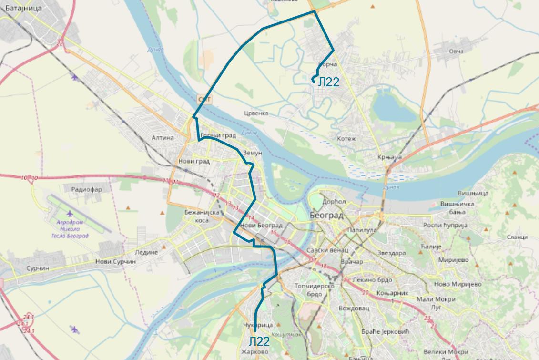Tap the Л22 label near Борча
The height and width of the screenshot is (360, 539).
(x=328, y=82)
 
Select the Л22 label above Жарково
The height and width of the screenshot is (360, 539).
(x=259, y=341)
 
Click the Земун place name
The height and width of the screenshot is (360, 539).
(x=253, y=153)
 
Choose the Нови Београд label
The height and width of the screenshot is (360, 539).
(x=262, y=225)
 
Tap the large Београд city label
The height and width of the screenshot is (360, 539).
(x=326, y=216)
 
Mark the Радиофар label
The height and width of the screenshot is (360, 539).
(x=86, y=189)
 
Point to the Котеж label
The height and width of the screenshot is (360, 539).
(x=346, y=139)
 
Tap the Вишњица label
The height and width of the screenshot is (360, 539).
(x=473, y=193)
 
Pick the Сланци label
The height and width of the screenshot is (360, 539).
(x=517, y=237)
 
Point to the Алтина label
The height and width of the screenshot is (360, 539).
(x=163, y=138)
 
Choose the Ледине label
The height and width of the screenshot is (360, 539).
(x=146, y=252)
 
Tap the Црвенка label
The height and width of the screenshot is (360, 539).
(x=256, y=113)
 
